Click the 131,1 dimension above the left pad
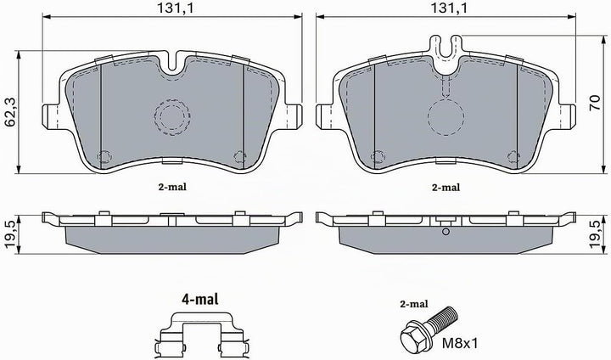[175, 8]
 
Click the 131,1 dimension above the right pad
[449, 8]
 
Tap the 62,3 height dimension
[10, 112]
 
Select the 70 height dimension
[595, 104]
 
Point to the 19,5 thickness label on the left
[10, 234]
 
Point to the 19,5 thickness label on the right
[595, 234]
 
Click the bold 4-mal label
[200, 299]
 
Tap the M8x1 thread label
[459, 343]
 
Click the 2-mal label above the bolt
[414, 304]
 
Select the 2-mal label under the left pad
[172, 187]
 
